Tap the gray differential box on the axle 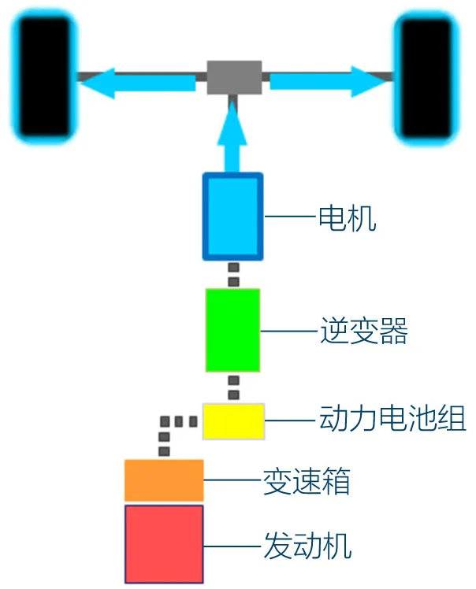coord(234,77)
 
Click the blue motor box coord(232,217)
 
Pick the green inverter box coord(232,330)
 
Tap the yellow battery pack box coord(233,420)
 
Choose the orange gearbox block coord(164,480)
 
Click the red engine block coord(164,543)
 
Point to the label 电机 coord(346,218)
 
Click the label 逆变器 coord(364,332)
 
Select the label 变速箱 coord(306,480)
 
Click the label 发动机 coord(306,544)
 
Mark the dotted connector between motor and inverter coord(233,275)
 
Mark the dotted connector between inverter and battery coord(233,387)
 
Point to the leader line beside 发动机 coord(232,545)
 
